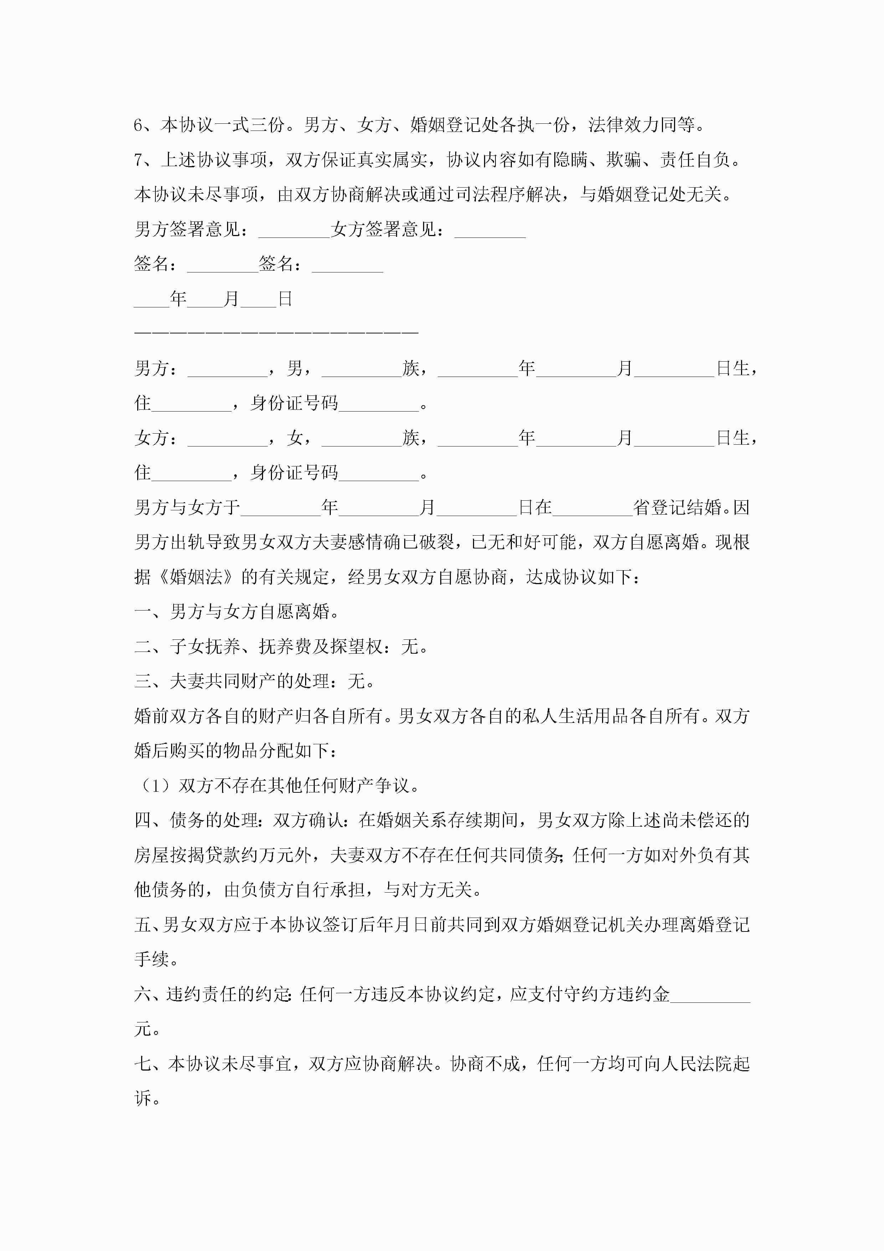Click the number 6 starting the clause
click(x=138, y=125)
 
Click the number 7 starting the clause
click(x=138, y=160)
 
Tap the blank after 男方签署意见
click(x=294, y=231)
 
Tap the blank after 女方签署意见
click(x=490, y=231)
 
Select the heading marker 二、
click(x=148, y=647)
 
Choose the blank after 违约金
click(x=710, y=995)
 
